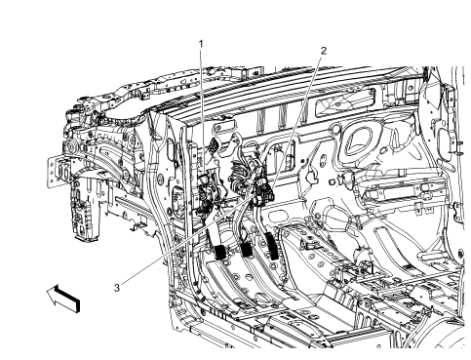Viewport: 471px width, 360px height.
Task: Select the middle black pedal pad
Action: [x=247, y=252]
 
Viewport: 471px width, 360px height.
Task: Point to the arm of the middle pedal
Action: [x=239, y=220]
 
